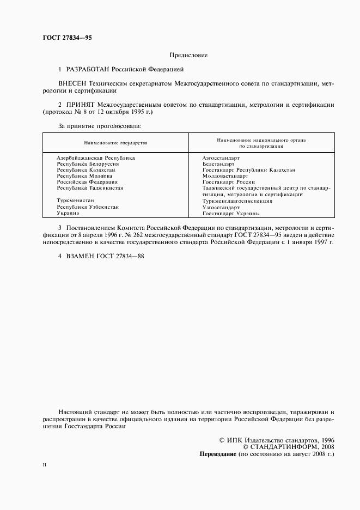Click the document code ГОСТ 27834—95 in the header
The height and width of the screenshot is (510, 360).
click(67, 38)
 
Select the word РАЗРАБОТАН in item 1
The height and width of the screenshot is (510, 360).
click(88, 70)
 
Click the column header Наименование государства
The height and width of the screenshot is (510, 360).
click(115, 143)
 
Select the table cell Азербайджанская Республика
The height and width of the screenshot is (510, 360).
click(96, 157)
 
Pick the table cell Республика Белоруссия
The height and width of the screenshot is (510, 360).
click(88, 163)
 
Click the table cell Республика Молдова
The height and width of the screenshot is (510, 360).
click(84, 176)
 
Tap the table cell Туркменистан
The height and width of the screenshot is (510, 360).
click(75, 201)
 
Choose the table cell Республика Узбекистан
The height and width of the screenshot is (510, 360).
click(88, 207)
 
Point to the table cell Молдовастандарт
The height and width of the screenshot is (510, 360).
click(225, 176)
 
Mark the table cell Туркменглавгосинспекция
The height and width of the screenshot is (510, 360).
click(237, 201)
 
